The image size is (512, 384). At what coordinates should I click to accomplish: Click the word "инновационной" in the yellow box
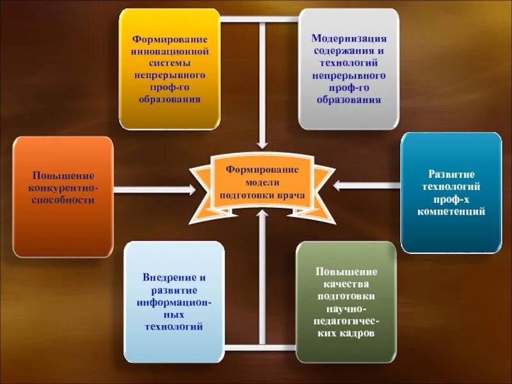tap(169, 51)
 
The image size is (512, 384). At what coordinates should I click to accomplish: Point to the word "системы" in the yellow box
tap(169, 63)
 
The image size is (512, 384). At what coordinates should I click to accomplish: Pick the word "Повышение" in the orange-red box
tap(63, 175)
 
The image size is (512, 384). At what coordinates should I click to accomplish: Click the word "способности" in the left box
tap(63, 200)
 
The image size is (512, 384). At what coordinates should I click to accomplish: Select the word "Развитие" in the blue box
tap(451, 174)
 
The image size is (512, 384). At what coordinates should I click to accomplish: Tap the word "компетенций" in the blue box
tap(451, 211)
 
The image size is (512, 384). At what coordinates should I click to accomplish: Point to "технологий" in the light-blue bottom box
tap(174, 326)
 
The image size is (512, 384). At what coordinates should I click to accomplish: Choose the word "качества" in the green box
tap(346, 284)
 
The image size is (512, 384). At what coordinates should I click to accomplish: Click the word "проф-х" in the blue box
tap(451, 198)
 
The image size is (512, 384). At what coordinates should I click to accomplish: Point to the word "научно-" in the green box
tap(346, 308)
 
